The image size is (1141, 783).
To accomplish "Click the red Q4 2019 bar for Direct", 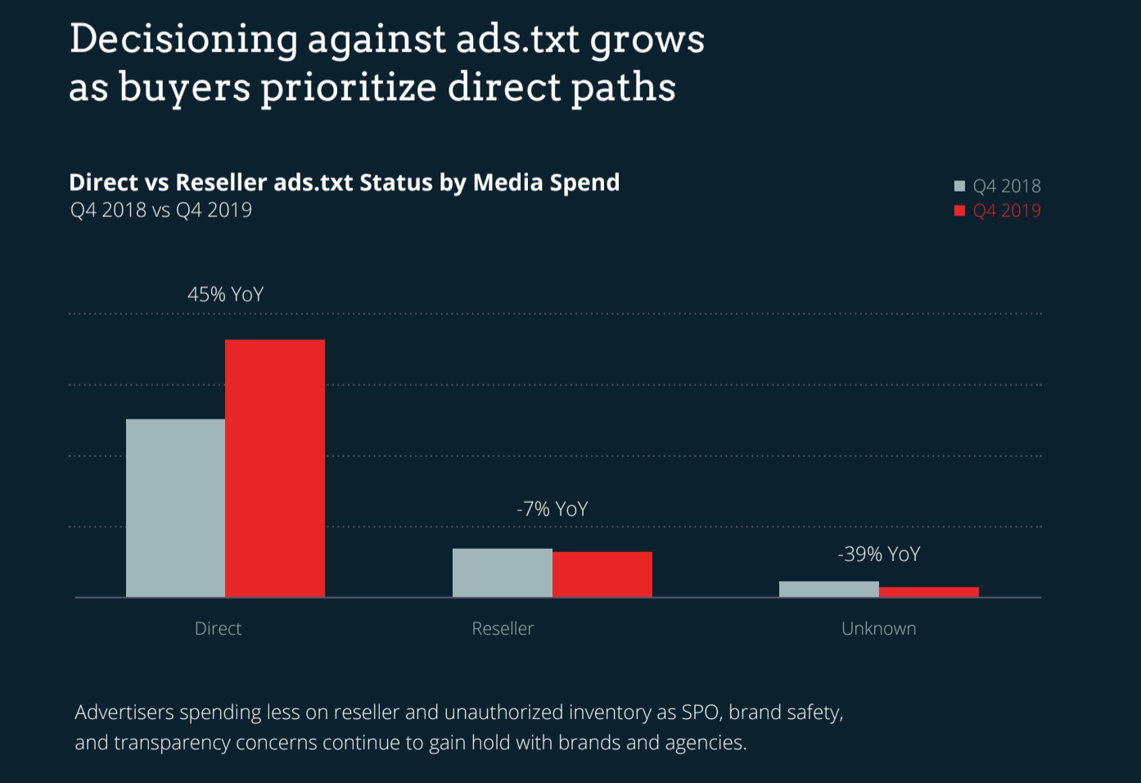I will click(275, 468).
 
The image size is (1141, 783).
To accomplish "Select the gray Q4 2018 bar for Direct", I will click(175, 508).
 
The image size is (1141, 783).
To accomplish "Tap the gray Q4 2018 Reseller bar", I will click(502, 573).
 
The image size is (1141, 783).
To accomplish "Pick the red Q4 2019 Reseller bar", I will click(602, 574).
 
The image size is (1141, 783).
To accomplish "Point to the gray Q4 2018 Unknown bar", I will click(828, 589).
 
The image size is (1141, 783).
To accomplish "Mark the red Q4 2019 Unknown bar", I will click(928, 592).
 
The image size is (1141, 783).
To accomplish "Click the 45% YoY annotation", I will click(225, 295).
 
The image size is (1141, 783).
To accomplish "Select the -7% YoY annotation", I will click(552, 509).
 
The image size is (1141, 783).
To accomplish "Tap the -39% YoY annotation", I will click(879, 554).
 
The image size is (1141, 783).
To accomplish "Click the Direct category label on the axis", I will click(218, 629).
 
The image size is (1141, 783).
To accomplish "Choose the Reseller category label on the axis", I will click(503, 629).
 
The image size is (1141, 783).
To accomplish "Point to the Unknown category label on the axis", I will click(878, 629).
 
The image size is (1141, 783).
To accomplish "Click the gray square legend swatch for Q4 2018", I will click(960, 186).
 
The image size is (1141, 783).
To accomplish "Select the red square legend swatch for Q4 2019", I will click(960, 210).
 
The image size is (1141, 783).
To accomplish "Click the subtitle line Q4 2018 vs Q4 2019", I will click(161, 210).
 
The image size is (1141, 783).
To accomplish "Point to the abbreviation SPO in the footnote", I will click(700, 713).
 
